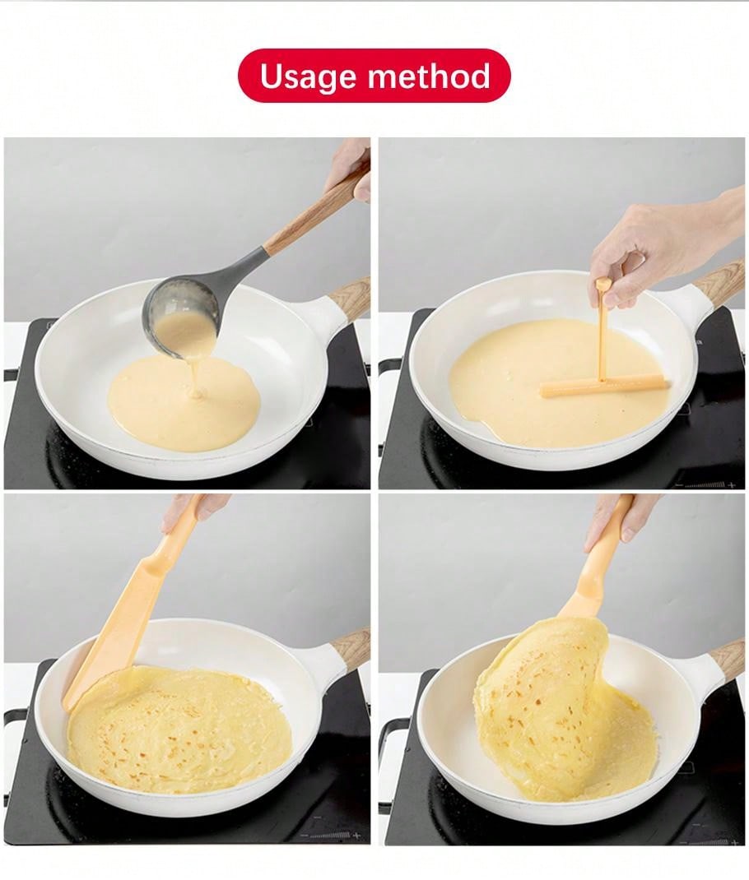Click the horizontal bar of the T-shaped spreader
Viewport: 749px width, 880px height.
pyautogui.click(x=602, y=384)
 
